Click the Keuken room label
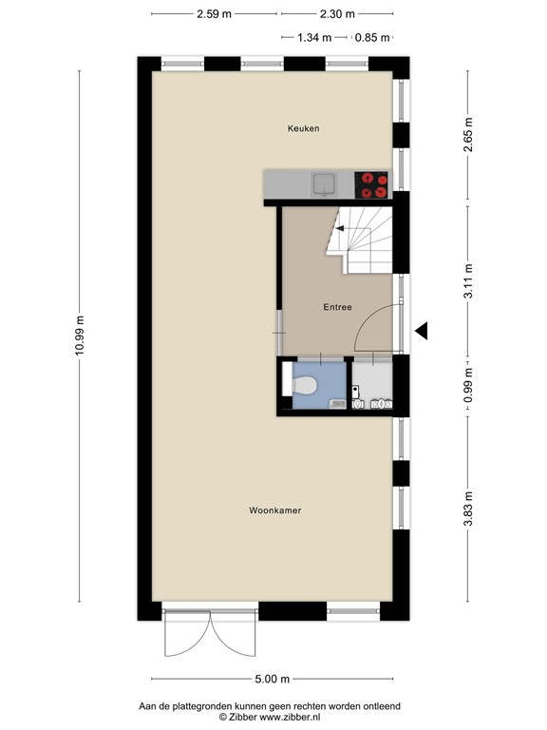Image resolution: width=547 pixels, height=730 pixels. (304, 128)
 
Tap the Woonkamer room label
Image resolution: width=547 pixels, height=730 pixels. (274, 510)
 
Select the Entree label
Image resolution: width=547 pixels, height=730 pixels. (337, 307)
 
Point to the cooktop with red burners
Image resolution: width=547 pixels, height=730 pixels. (371, 183)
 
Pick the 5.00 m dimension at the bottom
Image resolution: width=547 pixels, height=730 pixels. (272, 679)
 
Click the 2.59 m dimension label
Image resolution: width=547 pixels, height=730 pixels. (215, 14)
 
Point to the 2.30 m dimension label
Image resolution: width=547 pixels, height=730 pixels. (336, 14)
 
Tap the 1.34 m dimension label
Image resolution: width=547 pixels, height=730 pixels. (313, 38)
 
